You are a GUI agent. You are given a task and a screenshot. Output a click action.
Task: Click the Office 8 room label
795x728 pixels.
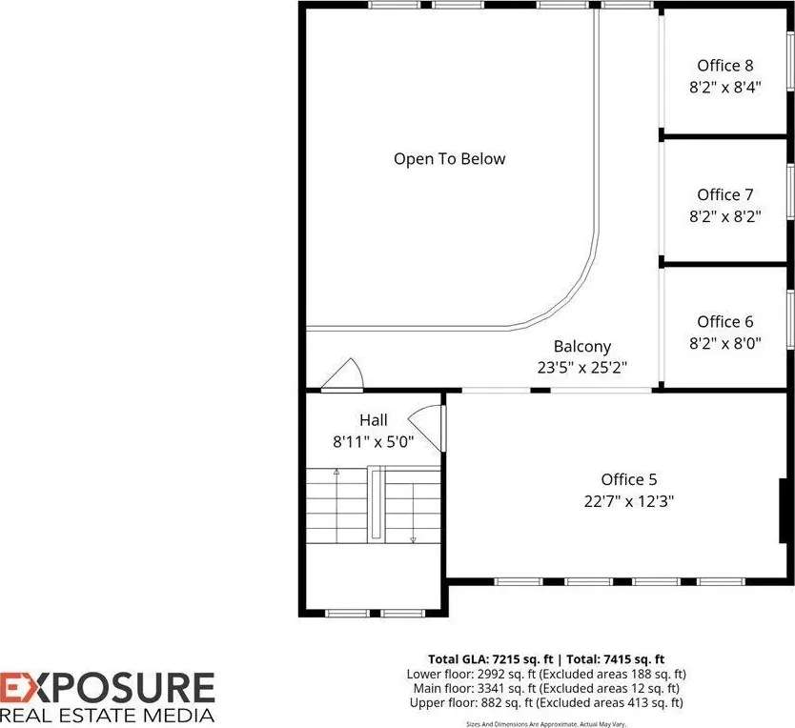click(x=725, y=66)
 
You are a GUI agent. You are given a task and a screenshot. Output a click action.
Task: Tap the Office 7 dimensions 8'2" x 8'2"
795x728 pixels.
click(x=725, y=217)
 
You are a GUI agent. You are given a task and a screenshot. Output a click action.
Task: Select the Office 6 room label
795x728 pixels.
click(x=725, y=321)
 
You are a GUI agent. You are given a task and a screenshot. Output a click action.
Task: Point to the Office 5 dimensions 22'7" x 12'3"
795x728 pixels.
click(x=629, y=501)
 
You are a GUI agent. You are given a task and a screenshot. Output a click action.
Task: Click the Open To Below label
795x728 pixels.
click(x=450, y=159)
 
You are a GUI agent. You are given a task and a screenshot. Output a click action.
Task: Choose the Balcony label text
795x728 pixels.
click(x=582, y=346)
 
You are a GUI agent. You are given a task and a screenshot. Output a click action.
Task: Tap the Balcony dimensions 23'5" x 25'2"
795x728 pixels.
click(x=582, y=367)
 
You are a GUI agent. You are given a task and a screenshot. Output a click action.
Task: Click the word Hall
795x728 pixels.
click(x=374, y=420)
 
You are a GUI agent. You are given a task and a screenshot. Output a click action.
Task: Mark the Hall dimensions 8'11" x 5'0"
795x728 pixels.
click(x=374, y=442)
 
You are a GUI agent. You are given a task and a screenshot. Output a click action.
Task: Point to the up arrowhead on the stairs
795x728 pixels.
click(x=336, y=472)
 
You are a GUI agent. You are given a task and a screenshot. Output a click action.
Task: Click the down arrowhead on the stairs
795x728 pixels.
click(x=413, y=540)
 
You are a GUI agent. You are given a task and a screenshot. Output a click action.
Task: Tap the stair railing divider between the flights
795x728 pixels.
click(x=376, y=503)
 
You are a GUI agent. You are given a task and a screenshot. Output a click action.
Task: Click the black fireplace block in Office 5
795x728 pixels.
click(x=783, y=511)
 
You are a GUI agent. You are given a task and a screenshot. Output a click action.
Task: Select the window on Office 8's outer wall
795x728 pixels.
click(x=790, y=60)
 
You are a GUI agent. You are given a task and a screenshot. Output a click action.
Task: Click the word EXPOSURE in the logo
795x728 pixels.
click(x=107, y=688)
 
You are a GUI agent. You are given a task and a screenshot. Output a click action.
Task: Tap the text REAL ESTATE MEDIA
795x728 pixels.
click(x=107, y=716)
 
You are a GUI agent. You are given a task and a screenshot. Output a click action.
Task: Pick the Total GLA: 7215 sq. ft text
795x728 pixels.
click(x=491, y=659)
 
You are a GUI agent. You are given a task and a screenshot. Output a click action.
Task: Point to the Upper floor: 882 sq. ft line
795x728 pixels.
click(x=546, y=702)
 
